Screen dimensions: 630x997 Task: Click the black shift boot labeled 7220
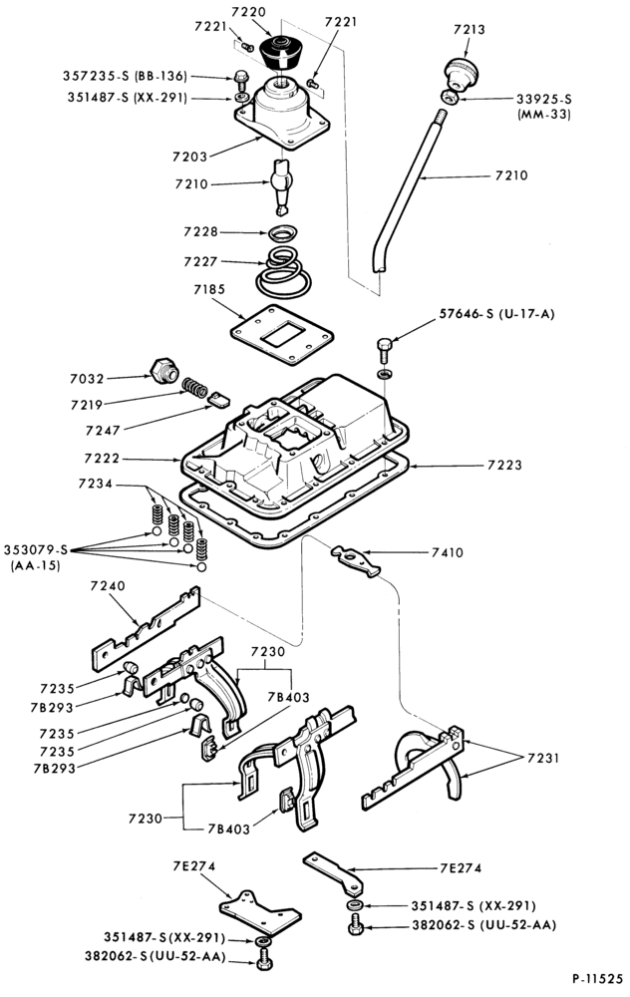click(x=279, y=55)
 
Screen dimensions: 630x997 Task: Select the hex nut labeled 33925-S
click(x=449, y=97)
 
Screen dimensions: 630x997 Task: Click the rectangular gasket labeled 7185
click(x=282, y=334)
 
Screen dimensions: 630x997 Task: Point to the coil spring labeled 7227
click(x=283, y=272)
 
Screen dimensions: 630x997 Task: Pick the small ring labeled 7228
click(x=283, y=232)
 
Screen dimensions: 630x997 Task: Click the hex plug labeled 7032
click(x=164, y=370)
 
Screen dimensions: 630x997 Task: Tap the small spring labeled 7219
click(x=195, y=387)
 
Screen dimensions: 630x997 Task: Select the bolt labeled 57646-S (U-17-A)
click(x=385, y=349)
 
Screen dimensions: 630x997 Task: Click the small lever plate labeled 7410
click(x=355, y=560)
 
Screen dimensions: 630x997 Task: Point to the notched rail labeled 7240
click(x=146, y=629)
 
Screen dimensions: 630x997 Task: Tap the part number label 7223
click(x=504, y=465)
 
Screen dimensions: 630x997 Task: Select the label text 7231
click(x=543, y=758)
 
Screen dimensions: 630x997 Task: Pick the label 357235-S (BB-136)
click(x=125, y=77)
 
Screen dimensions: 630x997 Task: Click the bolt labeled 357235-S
click(x=241, y=81)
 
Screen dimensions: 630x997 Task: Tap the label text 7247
click(x=103, y=431)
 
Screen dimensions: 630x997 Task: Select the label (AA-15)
click(x=35, y=564)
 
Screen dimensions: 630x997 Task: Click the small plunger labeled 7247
click(x=218, y=400)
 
